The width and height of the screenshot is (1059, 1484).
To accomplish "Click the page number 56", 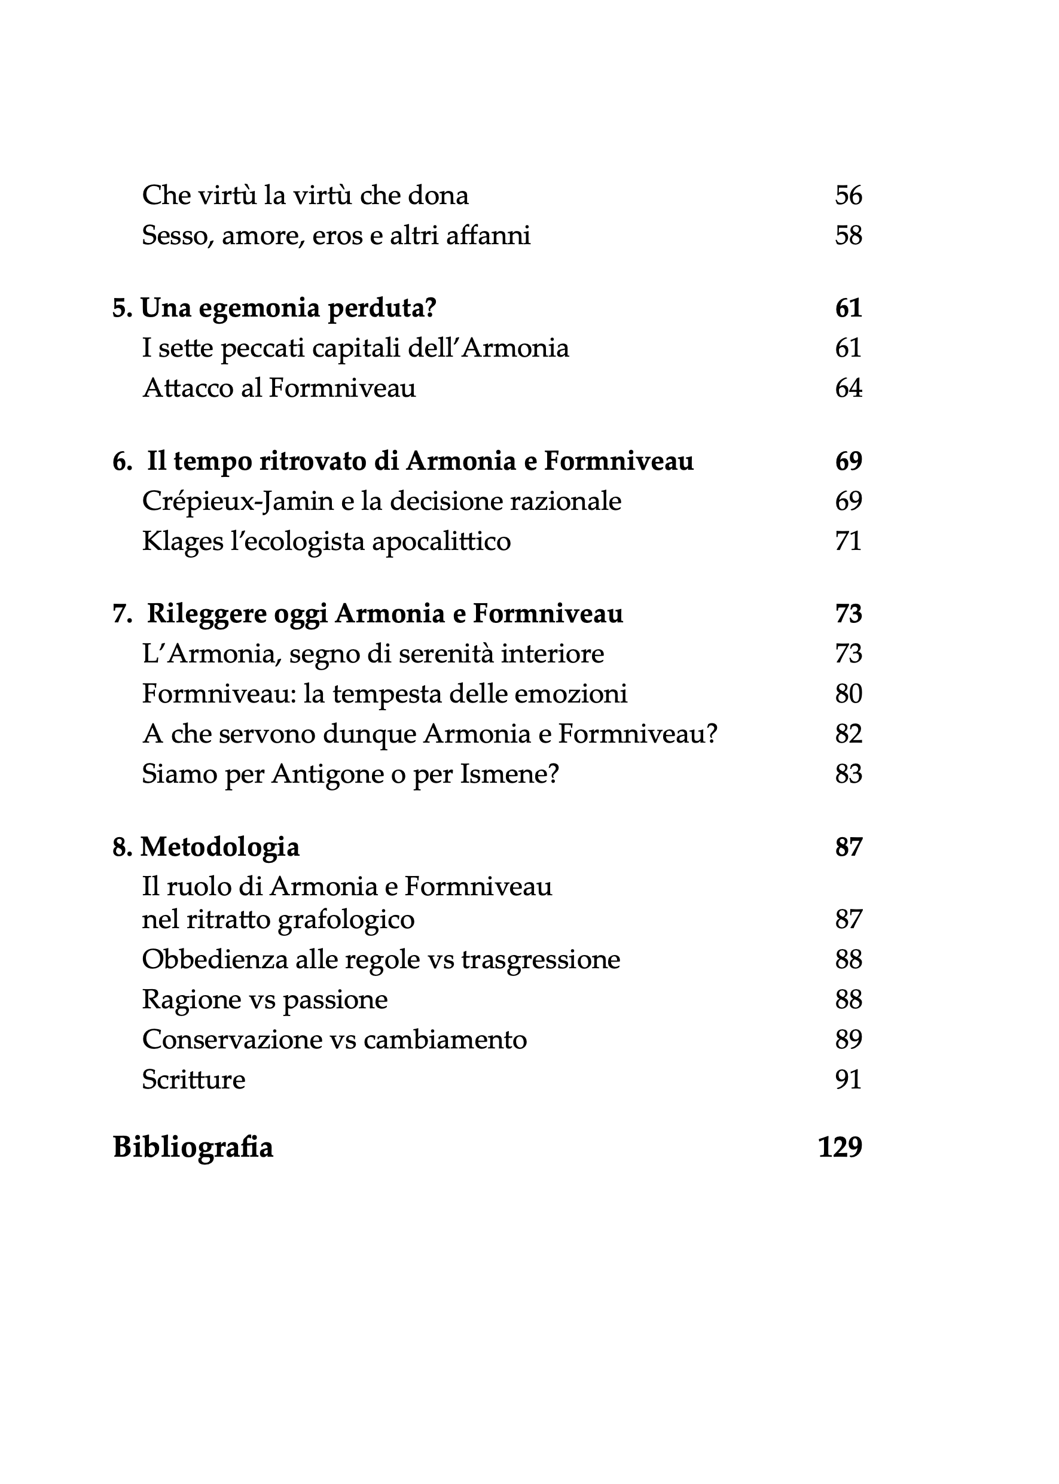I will pos(849,195).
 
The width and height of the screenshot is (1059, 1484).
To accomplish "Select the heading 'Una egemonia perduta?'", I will pos(288,308).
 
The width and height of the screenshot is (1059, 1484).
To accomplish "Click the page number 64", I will pos(849,388).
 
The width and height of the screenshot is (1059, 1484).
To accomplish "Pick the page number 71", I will pos(849,541).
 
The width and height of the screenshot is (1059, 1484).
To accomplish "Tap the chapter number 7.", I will pos(120,614).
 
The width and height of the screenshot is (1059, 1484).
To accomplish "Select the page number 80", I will pos(849,694).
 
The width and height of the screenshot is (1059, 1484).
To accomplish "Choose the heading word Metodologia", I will pos(221,847).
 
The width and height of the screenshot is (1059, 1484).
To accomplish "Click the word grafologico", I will pos(346,920).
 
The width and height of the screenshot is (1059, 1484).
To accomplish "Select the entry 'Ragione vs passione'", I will pos(265,1000).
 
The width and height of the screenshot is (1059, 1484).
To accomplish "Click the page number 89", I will pos(849,1039).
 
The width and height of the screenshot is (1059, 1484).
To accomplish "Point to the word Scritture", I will pos(194,1080).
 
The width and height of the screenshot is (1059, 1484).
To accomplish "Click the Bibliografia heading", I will pos(193,1147).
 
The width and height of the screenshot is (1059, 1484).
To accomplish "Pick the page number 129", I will pos(840,1147).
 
